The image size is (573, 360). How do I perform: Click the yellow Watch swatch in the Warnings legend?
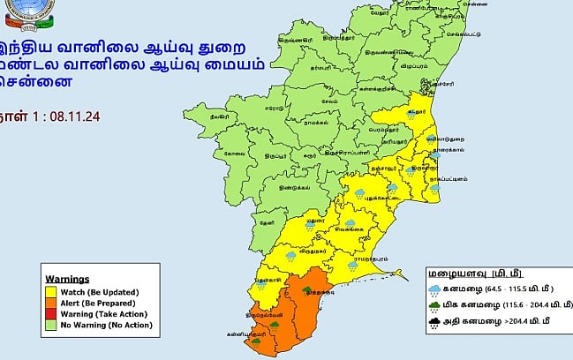[53, 291]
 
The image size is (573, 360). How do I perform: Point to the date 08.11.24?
[77, 114]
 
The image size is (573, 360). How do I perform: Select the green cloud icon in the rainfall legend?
[436, 305]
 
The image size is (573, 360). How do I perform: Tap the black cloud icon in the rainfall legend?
[436, 323]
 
